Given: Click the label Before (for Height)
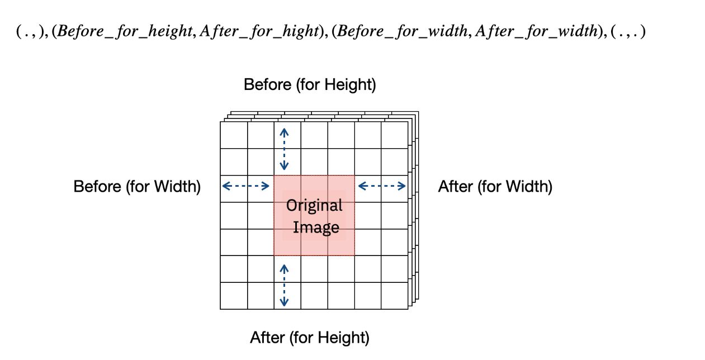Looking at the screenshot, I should click(x=310, y=85).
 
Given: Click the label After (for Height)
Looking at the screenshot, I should click(x=309, y=338).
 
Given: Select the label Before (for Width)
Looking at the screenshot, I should click(x=137, y=186).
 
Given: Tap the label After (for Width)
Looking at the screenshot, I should click(x=495, y=186).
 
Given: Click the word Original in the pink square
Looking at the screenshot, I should click(x=314, y=206).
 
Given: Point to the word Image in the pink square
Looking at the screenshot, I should click(x=316, y=228).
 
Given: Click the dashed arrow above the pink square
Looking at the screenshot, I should click(x=285, y=149).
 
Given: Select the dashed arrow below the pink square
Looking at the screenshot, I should click(x=285, y=285).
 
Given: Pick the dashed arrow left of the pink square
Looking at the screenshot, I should click(x=246, y=186).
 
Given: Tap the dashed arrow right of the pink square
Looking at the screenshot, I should click(x=382, y=186).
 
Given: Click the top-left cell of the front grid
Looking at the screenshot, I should click(x=234, y=135).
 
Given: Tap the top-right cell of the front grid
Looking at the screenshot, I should click(x=395, y=135).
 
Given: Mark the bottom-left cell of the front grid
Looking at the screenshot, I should click(x=234, y=296).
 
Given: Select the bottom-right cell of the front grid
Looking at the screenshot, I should click(x=395, y=296).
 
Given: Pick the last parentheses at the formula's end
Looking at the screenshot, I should click(x=629, y=32).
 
